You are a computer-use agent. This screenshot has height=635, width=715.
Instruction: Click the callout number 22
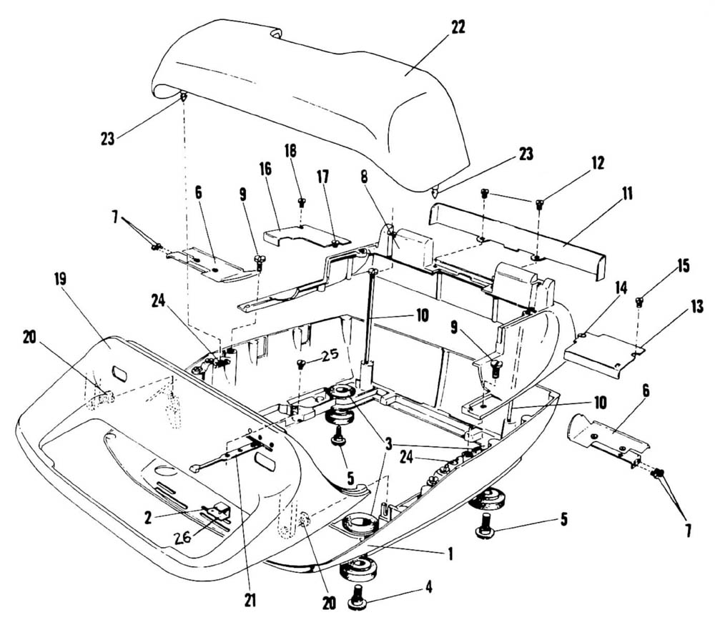458,27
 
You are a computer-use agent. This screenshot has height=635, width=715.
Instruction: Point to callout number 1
450,552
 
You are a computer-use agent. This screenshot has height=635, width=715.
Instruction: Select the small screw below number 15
639,302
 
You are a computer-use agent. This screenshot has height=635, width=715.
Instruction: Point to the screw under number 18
302,202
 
